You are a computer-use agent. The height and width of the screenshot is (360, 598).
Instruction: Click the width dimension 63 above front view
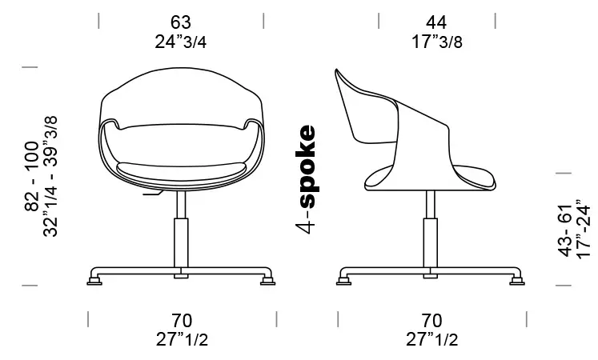tap(181, 22)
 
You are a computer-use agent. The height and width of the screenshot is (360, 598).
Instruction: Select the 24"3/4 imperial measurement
tap(181, 42)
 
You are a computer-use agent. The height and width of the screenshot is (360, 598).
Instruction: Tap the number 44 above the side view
tap(436, 22)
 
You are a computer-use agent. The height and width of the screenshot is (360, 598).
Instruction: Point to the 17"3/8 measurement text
tap(437, 42)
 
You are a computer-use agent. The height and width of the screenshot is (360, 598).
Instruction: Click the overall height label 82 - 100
tap(32, 176)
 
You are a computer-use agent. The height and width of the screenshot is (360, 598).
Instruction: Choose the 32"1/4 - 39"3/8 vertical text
tap(50, 176)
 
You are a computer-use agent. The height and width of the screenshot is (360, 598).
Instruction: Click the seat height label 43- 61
tap(566, 230)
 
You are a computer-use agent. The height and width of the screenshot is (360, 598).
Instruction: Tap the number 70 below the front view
tap(182, 320)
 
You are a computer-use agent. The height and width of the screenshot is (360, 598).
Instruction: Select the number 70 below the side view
tap(431, 320)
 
